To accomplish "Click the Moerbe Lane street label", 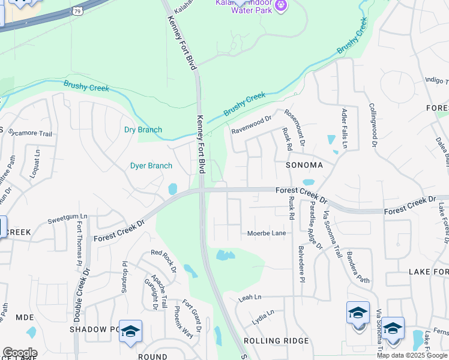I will (x=267, y=233).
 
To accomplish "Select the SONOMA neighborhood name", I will (x=304, y=164).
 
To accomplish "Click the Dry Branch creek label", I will (x=143, y=130).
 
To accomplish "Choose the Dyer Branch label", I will (x=151, y=166).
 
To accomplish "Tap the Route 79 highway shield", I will (x=77, y=10).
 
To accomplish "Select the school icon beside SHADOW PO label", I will (x=130, y=332).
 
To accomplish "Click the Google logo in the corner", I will (x=20, y=353).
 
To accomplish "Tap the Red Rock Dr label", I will (x=163, y=261).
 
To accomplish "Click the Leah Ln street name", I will (x=250, y=298).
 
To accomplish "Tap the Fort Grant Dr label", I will (x=190, y=314).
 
